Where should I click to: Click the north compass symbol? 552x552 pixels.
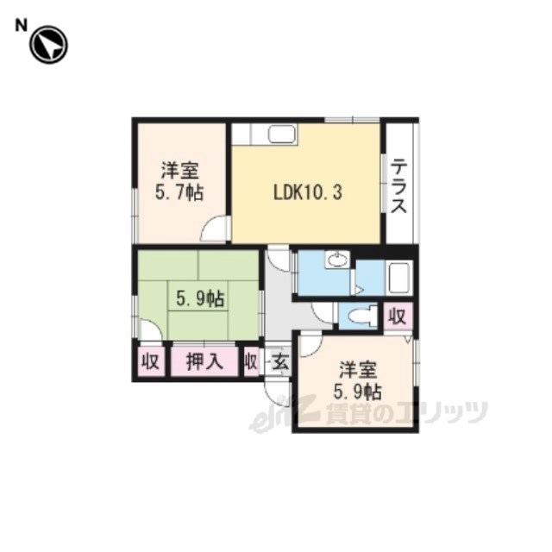(x=48, y=45)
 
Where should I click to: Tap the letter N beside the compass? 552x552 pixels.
(x=21, y=26)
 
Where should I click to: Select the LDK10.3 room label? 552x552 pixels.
(x=308, y=192)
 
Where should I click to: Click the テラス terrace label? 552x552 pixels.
(x=398, y=185)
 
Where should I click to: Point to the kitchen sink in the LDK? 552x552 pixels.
(x=282, y=135)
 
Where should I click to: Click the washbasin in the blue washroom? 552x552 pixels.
(x=337, y=260)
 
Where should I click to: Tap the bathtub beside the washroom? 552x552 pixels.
(x=398, y=278)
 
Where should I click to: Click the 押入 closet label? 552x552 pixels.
(x=204, y=361)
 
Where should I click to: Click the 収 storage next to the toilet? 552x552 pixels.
(x=397, y=317)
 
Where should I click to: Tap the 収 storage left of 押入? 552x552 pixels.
(x=151, y=361)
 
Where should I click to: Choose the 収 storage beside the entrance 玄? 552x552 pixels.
(x=251, y=361)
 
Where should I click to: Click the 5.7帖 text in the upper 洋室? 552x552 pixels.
(x=179, y=192)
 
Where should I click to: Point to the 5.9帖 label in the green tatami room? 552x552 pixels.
(x=199, y=299)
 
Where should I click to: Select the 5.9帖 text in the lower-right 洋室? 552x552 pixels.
(x=357, y=392)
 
